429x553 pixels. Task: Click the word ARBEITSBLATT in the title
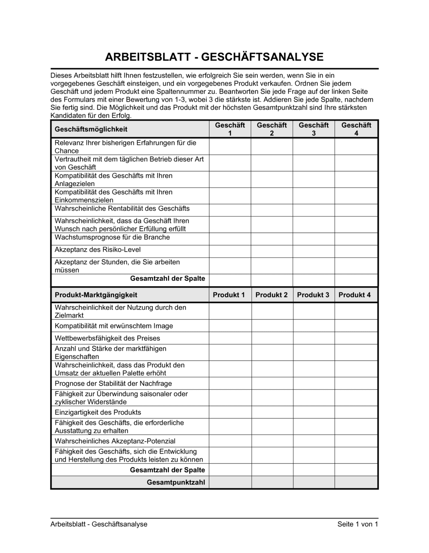150,57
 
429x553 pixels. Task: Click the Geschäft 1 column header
230,129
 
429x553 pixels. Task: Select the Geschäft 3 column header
314,129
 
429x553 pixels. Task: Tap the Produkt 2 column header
272,295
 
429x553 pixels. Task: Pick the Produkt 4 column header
355,295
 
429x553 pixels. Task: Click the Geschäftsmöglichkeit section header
91,129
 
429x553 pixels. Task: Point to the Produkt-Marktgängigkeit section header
96,295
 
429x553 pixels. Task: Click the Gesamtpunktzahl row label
176,482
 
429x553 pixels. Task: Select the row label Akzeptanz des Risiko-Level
97,249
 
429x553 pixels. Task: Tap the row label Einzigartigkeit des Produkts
98,412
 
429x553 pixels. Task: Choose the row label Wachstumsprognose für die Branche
112,237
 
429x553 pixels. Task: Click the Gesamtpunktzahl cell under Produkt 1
230,482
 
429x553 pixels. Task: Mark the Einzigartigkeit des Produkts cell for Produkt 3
314,412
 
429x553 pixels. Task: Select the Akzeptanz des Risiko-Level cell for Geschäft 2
272,251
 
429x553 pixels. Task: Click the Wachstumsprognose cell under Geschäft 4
356,238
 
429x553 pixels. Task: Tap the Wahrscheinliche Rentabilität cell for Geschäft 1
230,210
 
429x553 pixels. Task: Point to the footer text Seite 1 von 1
358,524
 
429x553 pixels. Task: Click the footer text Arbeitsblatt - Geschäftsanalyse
99,524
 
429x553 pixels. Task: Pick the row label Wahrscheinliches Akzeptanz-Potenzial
115,441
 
